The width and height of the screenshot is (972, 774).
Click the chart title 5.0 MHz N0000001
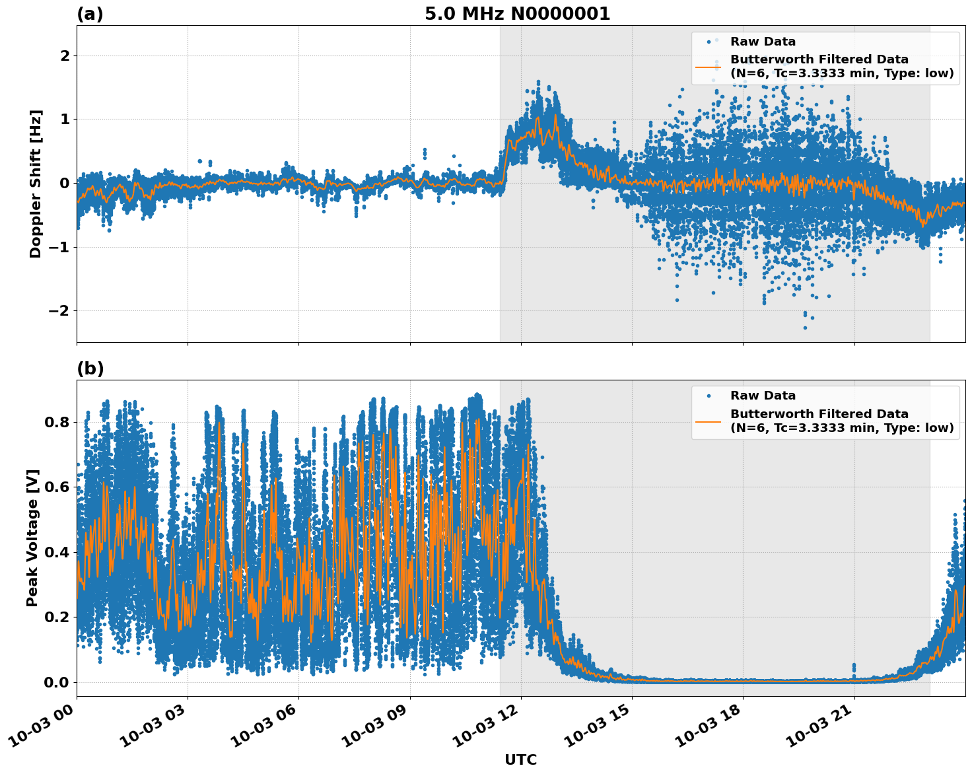517,14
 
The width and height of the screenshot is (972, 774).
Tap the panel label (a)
90,14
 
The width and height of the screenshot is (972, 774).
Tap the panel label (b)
90,369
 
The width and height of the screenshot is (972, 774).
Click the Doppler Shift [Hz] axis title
36,184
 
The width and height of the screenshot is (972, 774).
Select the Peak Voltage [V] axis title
32,538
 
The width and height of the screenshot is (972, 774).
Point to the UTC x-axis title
520,759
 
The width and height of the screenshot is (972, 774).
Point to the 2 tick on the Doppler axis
65,55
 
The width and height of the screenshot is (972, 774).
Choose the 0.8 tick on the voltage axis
56,422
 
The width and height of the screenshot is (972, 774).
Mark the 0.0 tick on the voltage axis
56,682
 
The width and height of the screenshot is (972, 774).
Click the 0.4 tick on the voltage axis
56,552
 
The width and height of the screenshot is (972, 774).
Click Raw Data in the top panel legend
763,42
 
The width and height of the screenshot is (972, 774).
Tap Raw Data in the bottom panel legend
763,396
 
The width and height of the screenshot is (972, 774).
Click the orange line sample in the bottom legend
708,421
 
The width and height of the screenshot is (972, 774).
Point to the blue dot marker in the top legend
709,42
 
